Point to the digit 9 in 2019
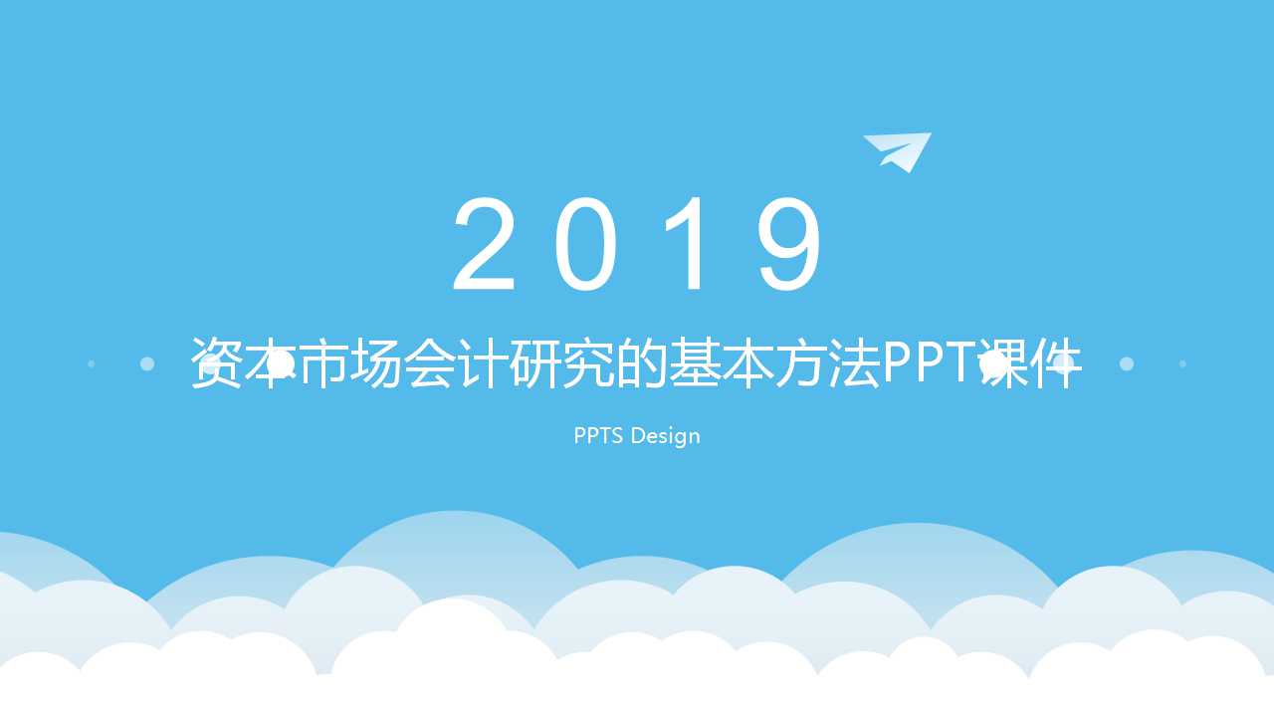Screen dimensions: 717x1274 (789, 244)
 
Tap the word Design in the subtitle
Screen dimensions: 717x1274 (665, 436)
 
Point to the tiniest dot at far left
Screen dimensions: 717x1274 (92, 364)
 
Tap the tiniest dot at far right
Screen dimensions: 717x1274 (1182, 364)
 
